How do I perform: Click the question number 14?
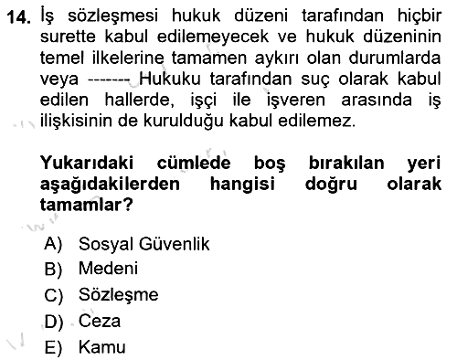click(19, 17)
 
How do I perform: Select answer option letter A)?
click(53, 244)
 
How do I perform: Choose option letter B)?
click(53, 269)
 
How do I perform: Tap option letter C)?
click(53, 295)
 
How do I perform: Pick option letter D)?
click(54, 322)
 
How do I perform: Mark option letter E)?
click(53, 347)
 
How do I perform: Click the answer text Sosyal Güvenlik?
click(143, 244)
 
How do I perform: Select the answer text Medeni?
click(108, 269)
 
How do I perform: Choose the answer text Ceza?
click(100, 321)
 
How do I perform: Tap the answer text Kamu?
click(102, 347)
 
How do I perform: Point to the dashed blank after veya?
click(109, 80)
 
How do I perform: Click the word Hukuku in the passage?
click(170, 79)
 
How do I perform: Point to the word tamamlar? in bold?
click(87, 205)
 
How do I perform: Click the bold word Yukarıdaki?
click(87, 163)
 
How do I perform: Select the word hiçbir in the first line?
click(420, 16)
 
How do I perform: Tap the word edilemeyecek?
click(213, 37)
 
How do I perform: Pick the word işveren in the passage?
click(296, 100)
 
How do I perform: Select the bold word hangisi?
click(242, 184)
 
